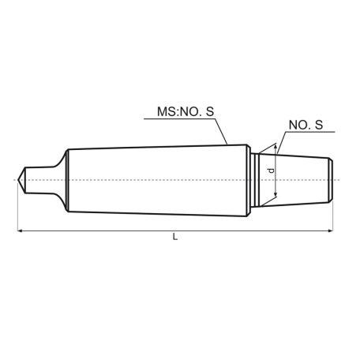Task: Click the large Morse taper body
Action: (158, 179)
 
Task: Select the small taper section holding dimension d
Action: (296, 179)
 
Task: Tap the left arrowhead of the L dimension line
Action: (20, 231)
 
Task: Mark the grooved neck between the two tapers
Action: (257, 179)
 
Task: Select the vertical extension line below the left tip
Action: (16, 209)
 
